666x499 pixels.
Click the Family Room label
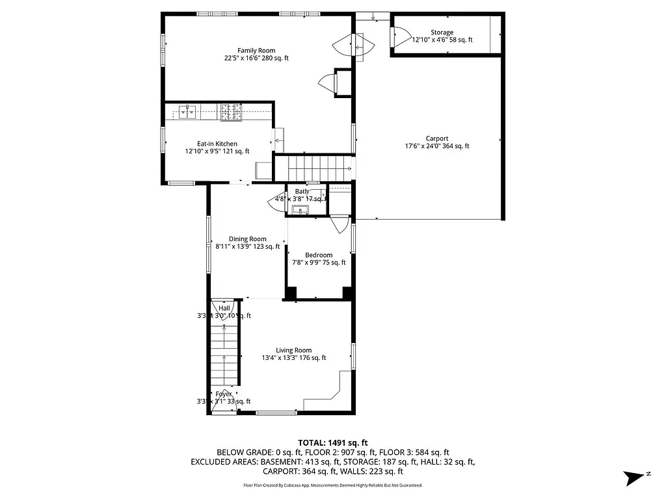point(256,51)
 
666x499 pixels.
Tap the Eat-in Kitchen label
point(217,144)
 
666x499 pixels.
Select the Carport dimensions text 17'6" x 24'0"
point(436,146)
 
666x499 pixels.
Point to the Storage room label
point(442,32)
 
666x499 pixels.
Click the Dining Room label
point(247,239)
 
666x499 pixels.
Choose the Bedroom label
point(319,255)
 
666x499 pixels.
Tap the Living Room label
point(293,350)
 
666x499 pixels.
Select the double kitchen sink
point(188,112)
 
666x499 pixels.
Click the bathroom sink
point(300,209)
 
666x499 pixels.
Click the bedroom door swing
point(339,225)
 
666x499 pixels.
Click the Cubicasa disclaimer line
point(332,485)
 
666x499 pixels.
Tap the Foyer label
point(224,394)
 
